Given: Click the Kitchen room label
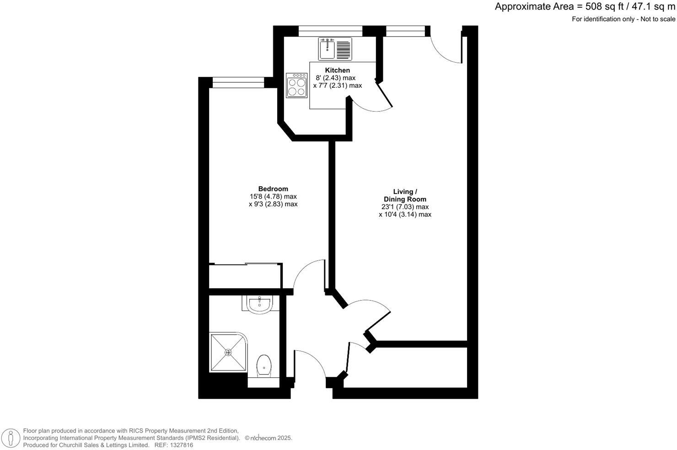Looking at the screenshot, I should tap(337, 70).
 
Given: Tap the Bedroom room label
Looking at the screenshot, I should tap(273, 188).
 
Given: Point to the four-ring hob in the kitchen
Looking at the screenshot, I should tap(296, 86).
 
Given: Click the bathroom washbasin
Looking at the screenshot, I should tap(259, 304).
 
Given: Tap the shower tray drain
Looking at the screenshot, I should tap(228, 352).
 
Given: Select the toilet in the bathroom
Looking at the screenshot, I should tap(264, 366).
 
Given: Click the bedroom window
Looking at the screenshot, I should tap(238, 82).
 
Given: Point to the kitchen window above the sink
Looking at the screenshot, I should tap(330, 31).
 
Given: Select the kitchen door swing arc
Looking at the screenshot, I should tap(373, 103).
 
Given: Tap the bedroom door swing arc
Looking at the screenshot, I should tap(307, 274).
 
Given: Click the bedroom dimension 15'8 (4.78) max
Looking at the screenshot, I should tap(273, 196).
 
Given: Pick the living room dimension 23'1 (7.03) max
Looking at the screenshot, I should tap(405, 207).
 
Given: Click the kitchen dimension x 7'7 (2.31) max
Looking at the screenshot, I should tap(337, 86).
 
